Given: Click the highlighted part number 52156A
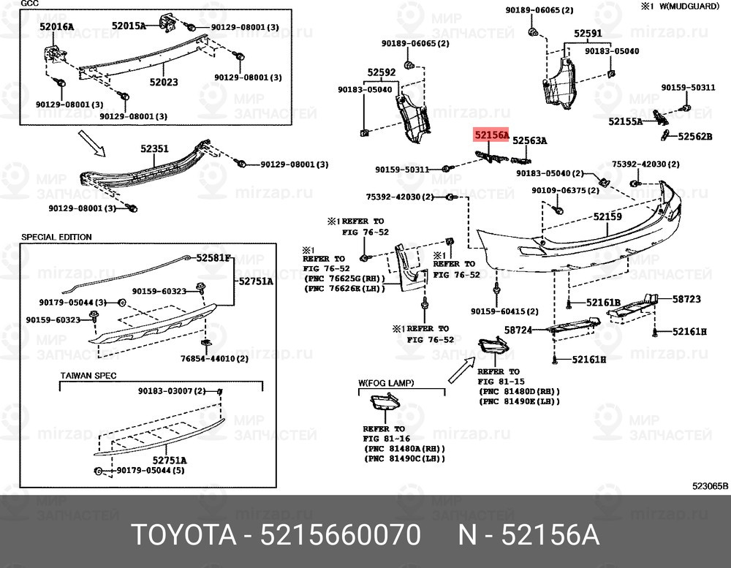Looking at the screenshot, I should pyautogui.click(x=491, y=135).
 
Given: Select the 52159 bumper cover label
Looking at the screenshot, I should pyautogui.click(x=607, y=216).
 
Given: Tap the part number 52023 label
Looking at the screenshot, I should pyautogui.click(x=164, y=83).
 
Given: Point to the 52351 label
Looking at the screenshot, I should pyautogui.click(x=154, y=149).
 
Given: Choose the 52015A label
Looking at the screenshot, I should pyautogui.click(x=129, y=26).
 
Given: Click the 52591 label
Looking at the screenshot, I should pyautogui.click(x=587, y=34).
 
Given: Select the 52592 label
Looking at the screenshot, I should pyautogui.click(x=381, y=72).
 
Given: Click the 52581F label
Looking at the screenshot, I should pyautogui.click(x=213, y=257).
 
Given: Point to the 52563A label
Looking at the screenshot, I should pyautogui.click(x=529, y=140).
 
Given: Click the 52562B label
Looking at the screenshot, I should pyautogui.click(x=694, y=136).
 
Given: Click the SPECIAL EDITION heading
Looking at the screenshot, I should pyautogui.click(x=56, y=237).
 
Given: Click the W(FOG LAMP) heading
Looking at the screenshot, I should pyautogui.click(x=386, y=382).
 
